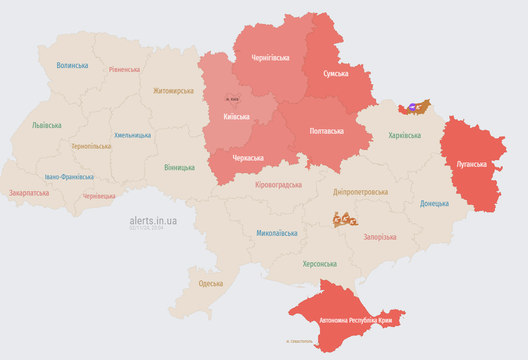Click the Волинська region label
tap(72, 65)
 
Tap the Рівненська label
tap(124, 70)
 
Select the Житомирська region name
tap(173, 91)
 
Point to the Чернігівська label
tap(270, 58)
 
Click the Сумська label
tap(336, 73)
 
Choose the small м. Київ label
tap(232, 99)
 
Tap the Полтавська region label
tap(327, 131)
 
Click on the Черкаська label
tap(248, 158)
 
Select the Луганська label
tap(471, 164)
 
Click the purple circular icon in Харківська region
tap(412, 107)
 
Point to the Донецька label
tap(434, 203)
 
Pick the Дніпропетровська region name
tap(360, 192)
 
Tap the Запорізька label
tap(380, 237)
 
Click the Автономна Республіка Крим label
tap(356, 320)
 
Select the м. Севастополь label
tap(299, 341)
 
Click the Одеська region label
tap(211, 283)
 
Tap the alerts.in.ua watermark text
tap(153, 221)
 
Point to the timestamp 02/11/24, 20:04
tap(146, 228)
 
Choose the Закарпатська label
tap(29, 193)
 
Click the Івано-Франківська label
tap(69, 177)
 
